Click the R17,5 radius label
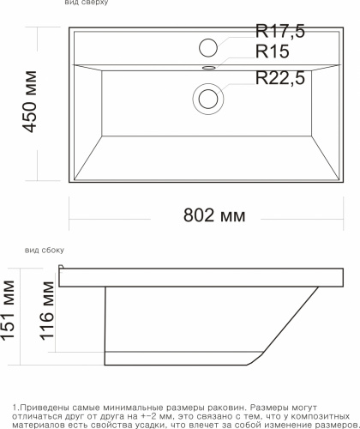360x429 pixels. (280, 33)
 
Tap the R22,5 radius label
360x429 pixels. (280, 78)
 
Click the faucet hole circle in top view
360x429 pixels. (208, 47)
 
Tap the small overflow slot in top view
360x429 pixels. (208, 66)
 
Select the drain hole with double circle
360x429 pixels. (208, 98)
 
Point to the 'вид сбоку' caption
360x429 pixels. (45, 250)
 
